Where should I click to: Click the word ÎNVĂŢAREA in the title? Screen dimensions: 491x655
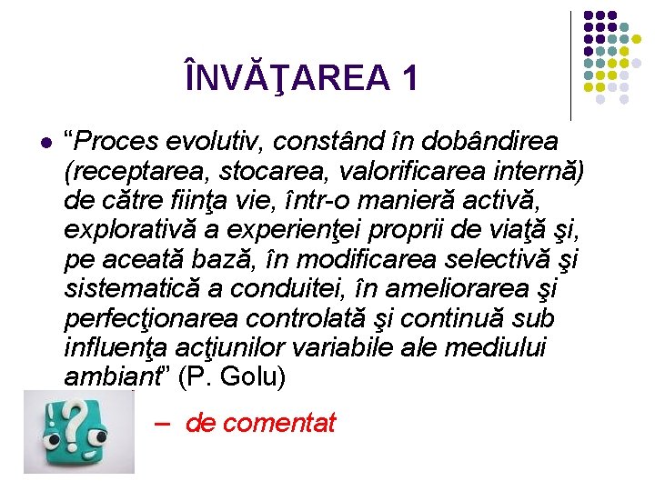[x=286, y=79]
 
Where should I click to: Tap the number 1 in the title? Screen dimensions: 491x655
[x=408, y=79]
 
